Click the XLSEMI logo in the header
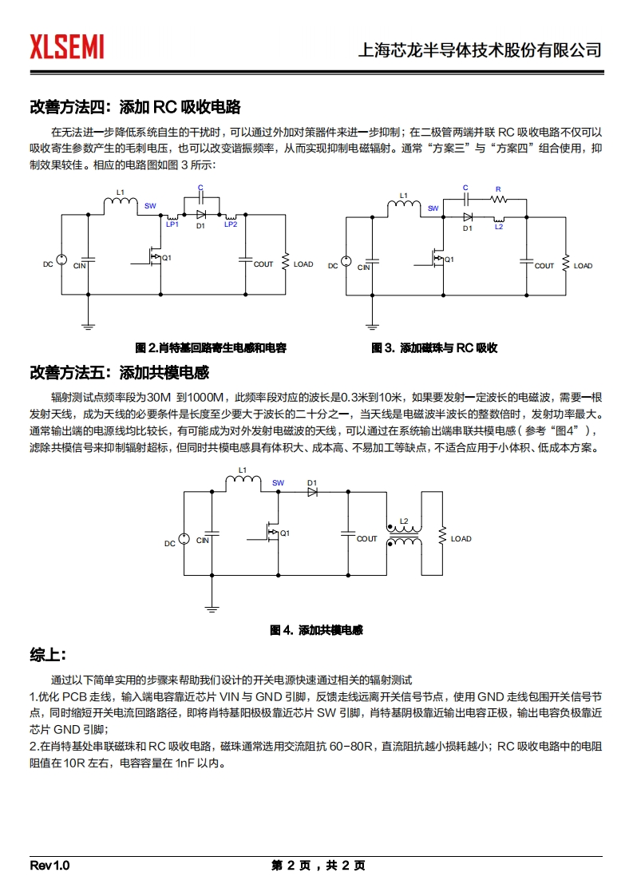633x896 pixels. (67, 47)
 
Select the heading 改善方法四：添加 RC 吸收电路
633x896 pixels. (135, 107)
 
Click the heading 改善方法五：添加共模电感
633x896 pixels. (119, 372)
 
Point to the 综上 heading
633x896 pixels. (46, 655)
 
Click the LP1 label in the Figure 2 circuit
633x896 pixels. (172, 225)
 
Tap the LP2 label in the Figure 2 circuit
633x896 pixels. (231, 225)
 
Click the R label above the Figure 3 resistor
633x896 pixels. (498, 190)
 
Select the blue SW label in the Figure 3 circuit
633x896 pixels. (433, 208)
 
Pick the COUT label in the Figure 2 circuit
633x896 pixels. (263, 264)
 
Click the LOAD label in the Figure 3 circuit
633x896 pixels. (584, 266)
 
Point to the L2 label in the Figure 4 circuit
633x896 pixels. (404, 521)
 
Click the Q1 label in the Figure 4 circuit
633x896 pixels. (285, 533)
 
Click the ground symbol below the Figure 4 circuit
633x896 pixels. (212, 609)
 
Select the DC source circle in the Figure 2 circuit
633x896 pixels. (61, 261)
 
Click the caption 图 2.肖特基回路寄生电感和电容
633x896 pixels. (211, 348)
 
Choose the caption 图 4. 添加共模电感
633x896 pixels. (316, 630)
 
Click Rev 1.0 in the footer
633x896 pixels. (49, 866)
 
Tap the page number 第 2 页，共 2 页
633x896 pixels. (318, 866)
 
